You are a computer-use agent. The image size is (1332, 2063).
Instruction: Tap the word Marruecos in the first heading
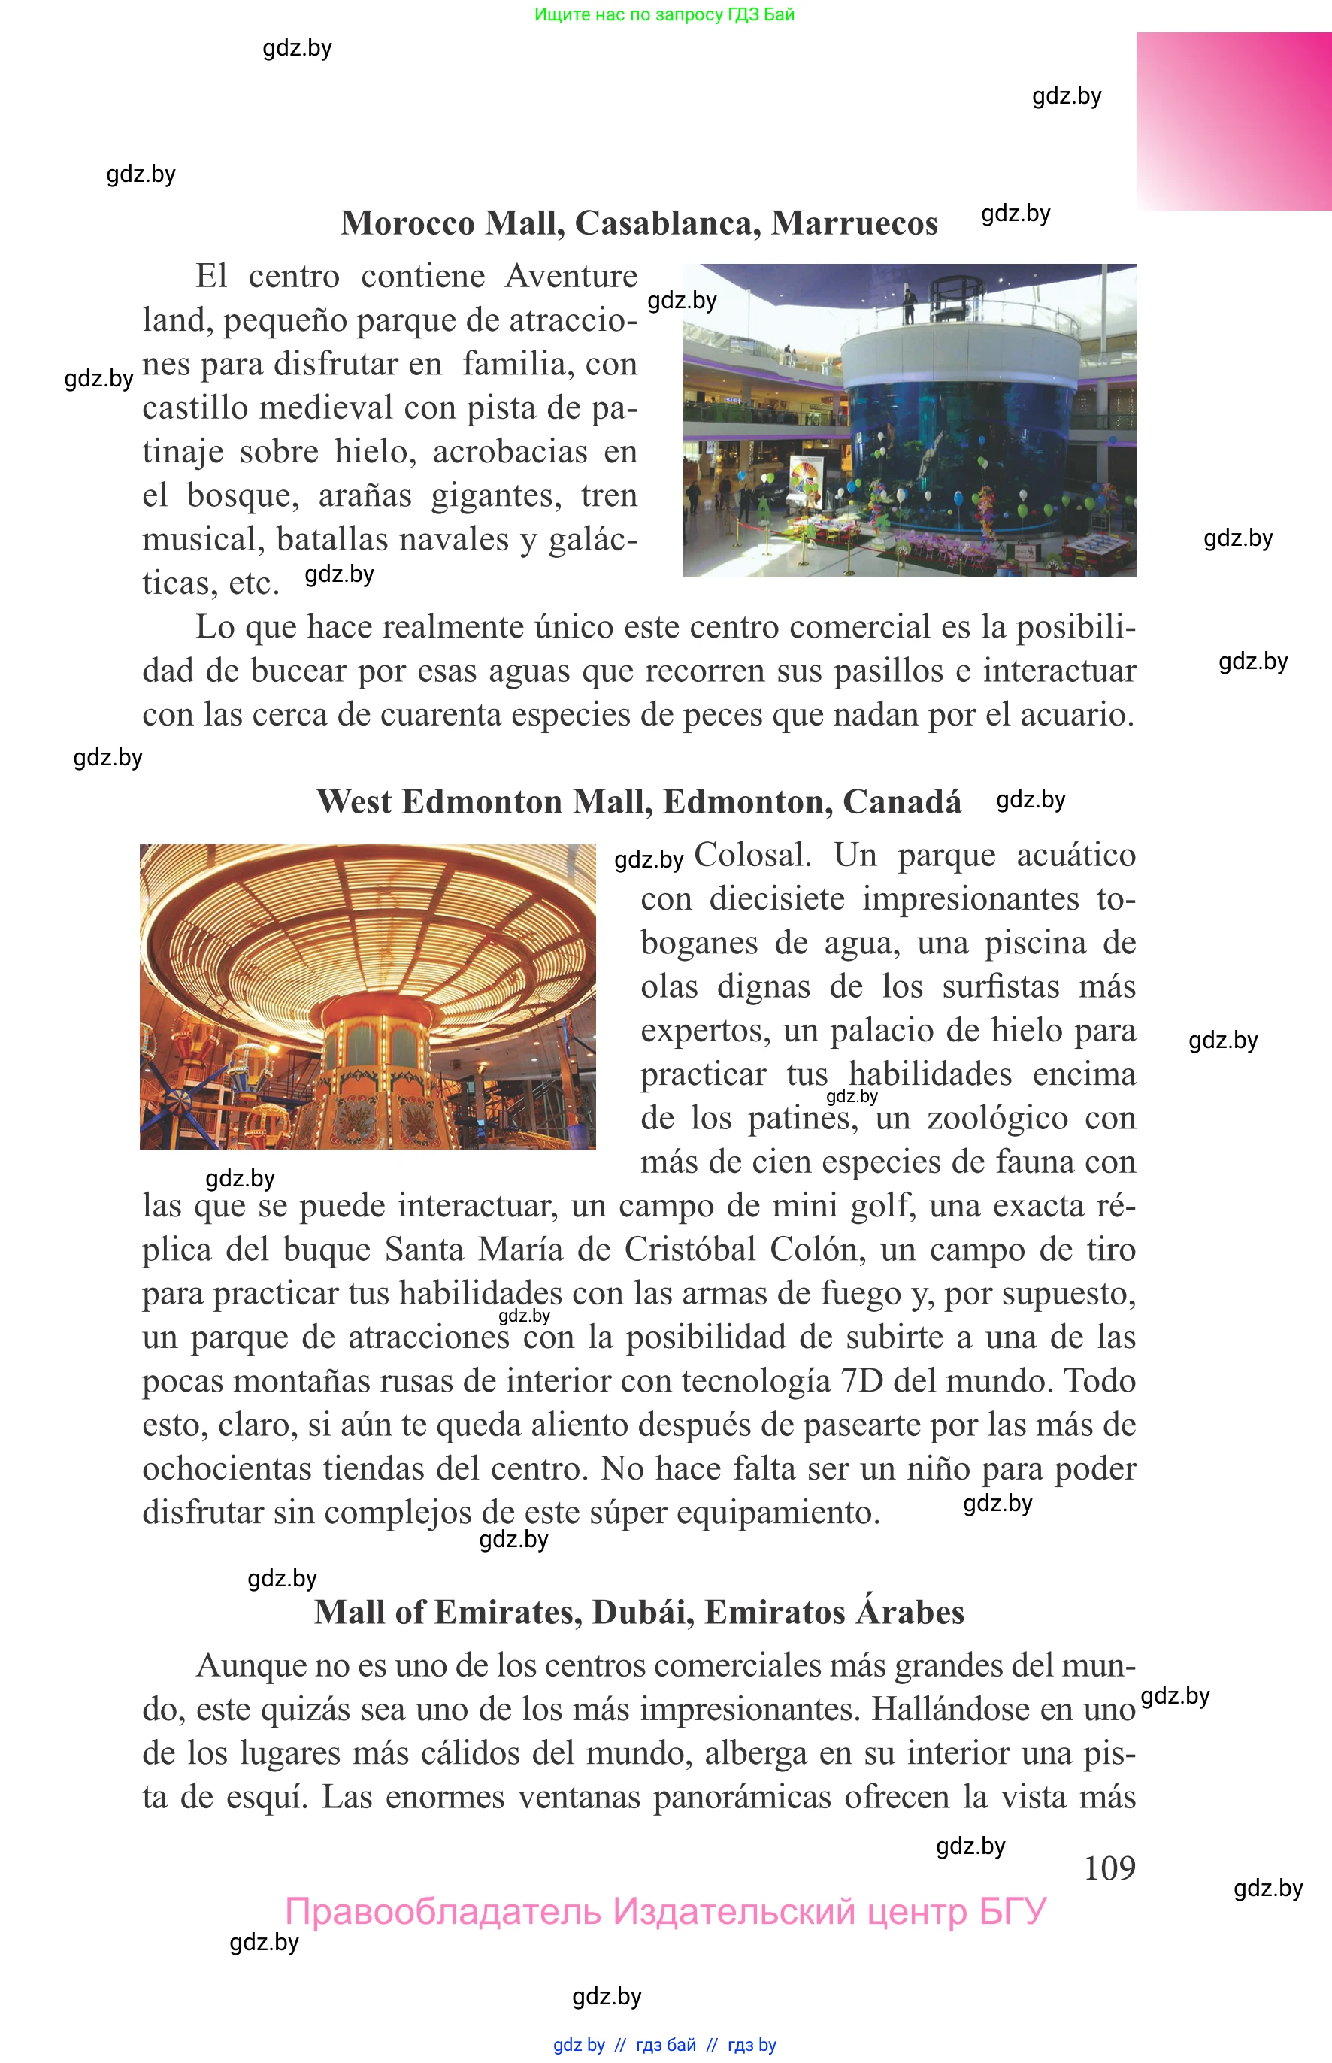[x=854, y=223]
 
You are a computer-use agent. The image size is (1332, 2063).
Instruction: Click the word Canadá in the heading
[x=901, y=802]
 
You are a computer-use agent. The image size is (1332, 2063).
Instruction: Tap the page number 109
[x=1109, y=1868]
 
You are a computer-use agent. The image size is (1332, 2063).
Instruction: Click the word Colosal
[x=752, y=855]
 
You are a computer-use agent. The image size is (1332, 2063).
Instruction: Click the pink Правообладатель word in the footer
[x=442, y=1912]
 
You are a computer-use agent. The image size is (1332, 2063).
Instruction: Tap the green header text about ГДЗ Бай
[x=664, y=14]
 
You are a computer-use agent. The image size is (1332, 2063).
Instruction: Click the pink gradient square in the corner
[x=1234, y=121]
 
